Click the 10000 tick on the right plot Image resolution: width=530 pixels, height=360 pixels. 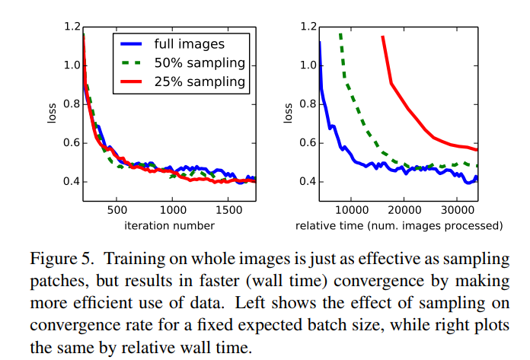[x=351, y=209]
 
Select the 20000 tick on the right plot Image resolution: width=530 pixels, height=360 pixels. [x=404, y=209]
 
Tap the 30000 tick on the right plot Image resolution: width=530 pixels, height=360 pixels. [x=456, y=209]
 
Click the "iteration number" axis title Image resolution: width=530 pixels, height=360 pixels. [x=168, y=225]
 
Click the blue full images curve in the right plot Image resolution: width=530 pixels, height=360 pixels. [x=335, y=129]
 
